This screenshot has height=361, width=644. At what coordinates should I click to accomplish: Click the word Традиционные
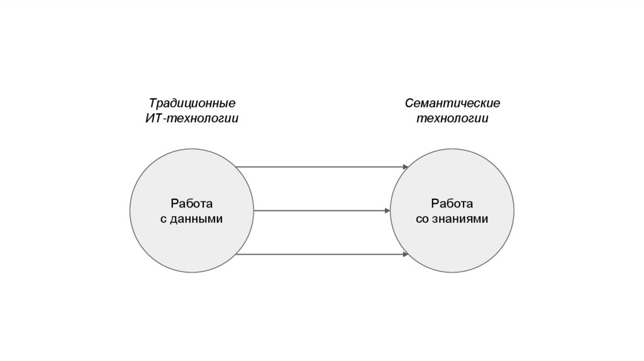pos(192,103)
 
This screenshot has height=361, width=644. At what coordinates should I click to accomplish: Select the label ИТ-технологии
pos(192,118)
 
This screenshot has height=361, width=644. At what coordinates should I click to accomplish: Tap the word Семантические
pos(452,103)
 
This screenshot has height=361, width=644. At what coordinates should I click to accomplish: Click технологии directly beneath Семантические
pos(452,118)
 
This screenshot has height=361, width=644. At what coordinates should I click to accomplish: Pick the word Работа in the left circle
pos(191,203)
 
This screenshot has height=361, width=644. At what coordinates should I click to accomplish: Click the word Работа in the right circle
pos(452,203)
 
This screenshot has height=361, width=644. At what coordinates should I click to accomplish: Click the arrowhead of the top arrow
pos(406,167)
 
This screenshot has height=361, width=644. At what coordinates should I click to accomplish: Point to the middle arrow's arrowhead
pos(387,211)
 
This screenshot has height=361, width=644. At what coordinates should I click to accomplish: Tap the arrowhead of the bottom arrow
pos(406,254)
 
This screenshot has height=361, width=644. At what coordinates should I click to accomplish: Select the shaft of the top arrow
pos(321,167)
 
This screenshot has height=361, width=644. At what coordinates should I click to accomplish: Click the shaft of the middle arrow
pos(321,211)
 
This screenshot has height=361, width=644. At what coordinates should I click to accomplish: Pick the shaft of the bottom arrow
pos(321,254)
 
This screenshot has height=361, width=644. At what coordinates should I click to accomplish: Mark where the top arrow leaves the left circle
pos(236,167)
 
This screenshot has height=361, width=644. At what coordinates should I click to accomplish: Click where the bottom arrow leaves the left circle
pos(236,254)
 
